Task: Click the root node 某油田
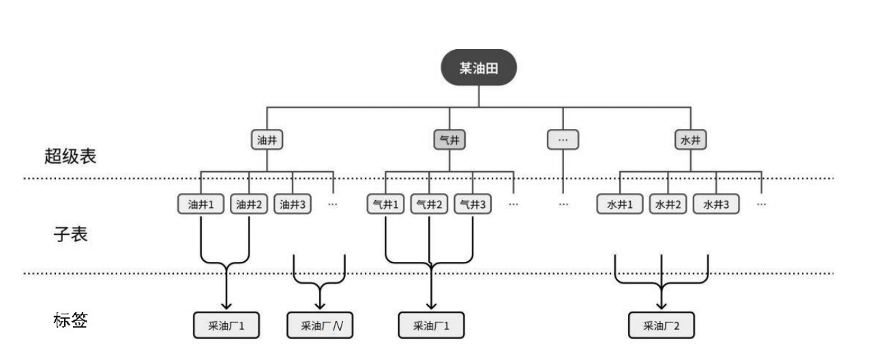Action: [478, 69]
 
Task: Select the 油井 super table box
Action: [267, 140]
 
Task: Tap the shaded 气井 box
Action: [450, 140]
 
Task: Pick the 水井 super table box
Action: [690, 140]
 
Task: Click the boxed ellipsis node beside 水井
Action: [563, 140]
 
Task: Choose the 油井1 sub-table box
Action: [201, 204]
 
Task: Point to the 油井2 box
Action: [249, 204]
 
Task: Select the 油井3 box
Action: [293, 204]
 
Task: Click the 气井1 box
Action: [385, 204]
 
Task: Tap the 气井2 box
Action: [429, 204]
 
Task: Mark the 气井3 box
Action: [473, 204]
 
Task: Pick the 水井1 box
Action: [620, 204]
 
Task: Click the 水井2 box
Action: [668, 204]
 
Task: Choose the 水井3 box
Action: [716, 204]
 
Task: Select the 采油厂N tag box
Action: [321, 326]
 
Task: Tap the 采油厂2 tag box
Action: [662, 326]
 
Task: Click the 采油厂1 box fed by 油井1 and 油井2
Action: [226, 326]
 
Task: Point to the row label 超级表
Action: [70, 156]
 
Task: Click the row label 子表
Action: [70, 235]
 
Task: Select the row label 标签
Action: [70, 320]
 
